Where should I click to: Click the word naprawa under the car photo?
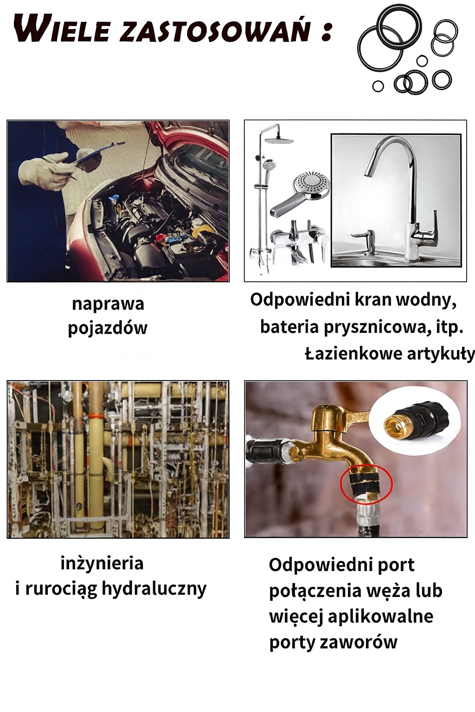pos(108,304)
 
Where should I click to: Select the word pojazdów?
pos(108,328)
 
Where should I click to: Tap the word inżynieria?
pos(102,564)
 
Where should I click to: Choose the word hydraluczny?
pos(154,589)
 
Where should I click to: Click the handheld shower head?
pos(299,194)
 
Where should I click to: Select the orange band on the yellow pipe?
pos(96,416)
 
